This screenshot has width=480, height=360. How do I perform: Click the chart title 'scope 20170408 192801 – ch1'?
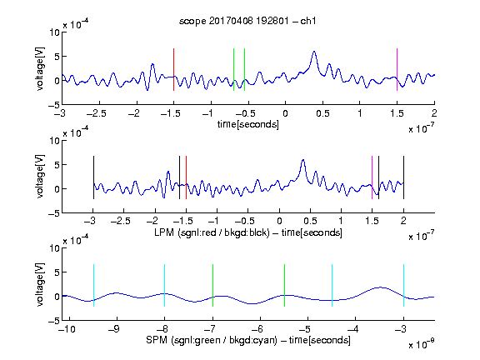pyautogui.click(x=247, y=21)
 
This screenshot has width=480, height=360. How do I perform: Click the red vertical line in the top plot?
pyautogui.click(x=173, y=69)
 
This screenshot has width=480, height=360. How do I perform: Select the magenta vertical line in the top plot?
pyautogui.click(x=397, y=69)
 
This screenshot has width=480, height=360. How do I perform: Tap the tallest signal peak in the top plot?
pyautogui.click(x=314, y=52)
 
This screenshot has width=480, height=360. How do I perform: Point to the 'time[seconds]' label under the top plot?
pyautogui.click(x=248, y=124)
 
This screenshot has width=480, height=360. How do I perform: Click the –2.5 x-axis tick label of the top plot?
pyautogui.click(x=97, y=113)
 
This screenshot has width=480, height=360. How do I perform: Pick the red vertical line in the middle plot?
pyautogui.click(x=186, y=177)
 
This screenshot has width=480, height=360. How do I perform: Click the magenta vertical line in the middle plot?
pyautogui.click(x=372, y=177)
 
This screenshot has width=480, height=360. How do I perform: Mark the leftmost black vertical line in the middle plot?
pyautogui.click(x=93, y=177)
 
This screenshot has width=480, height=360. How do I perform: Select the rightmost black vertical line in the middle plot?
pyautogui.click(x=403, y=177)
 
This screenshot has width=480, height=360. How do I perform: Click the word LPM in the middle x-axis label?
pyautogui.click(x=164, y=232)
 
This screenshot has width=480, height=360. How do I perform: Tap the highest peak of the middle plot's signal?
pyautogui.click(x=303, y=160)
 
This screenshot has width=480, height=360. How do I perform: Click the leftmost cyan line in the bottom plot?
pyautogui.click(x=93, y=285)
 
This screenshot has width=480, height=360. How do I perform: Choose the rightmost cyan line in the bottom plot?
pyautogui.click(x=403, y=285)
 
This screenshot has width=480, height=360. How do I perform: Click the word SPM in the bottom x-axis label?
pyautogui.click(x=157, y=340)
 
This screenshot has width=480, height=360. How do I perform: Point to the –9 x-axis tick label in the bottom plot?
pyautogui.click(x=114, y=329)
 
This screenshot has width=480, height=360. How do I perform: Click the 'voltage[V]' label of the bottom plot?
pyautogui.click(x=40, y=284)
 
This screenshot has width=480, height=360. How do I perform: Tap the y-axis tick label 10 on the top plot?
pyautogui.click(x=55, y=32)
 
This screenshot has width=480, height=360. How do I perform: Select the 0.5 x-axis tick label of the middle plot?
pyautogui.click(x=310, y=221)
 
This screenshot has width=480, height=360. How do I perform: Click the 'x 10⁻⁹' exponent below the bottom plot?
pyautogui.click(x=422, y=344)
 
